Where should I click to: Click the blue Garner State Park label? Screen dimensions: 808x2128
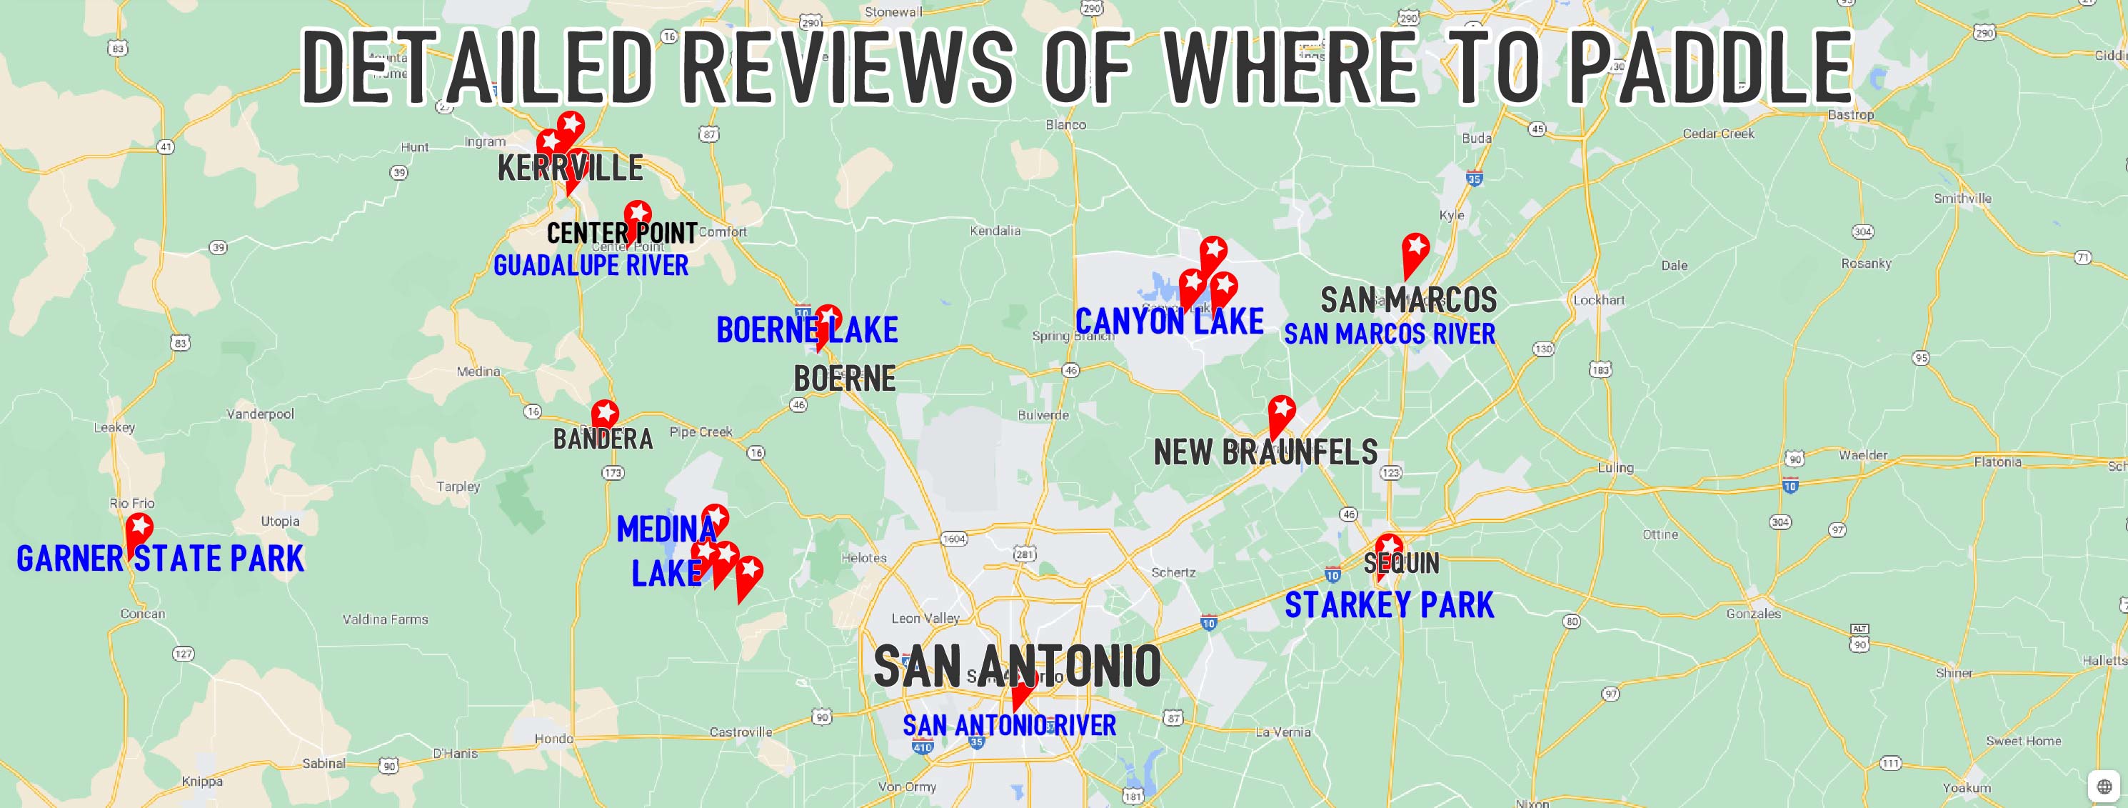[x=160, y=559]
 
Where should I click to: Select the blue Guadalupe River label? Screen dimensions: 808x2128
[x=591, y=265]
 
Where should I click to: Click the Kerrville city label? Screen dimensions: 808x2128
[x=570, y=169]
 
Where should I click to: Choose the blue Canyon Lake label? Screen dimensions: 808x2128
[x=1169, y=321]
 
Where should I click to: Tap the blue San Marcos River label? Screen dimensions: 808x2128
[x=1390, y=334]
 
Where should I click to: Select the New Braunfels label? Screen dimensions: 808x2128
[x=1265, y=452]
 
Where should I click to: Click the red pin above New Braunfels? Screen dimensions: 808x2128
[x=1281, y=412]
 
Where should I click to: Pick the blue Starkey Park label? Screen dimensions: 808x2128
[x=1390, y=605]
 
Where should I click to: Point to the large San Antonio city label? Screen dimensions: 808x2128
[x=1017, y=667]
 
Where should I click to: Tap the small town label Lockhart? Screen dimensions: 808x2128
[x=1598, y=300]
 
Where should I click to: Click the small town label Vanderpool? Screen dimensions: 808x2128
[x=260, y=414]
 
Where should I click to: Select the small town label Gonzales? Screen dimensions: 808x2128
[x=1753, y=614]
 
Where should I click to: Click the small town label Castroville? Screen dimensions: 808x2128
[x=741, y=732]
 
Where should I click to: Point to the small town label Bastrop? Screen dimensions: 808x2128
[x=1850, y=115]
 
